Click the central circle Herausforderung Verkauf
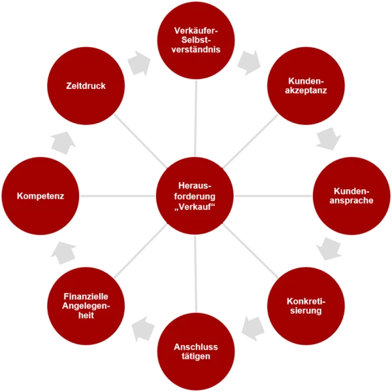pyautogui.click(x=196, y=196)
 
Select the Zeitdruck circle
pyautogui.click(x=86, y=86)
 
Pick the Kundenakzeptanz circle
pyautogui.click(x=306, y=86)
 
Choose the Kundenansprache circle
pyautogui.click(x=351, y=196)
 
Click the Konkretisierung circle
pyautogui.click(x=306, y=306)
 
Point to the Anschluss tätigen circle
pyautogui.click(x=196, y=351)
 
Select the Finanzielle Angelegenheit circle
pyautogui.click(x=86, y=306)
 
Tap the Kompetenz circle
pyautogui.click(x=41, y=196)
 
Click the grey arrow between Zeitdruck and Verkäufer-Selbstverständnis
pyautogui.click(x=139, y=62)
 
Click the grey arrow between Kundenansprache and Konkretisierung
pyautogui.click(x=329, y=249)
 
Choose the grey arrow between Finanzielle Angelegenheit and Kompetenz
pyautogui.click(x=63, y=253)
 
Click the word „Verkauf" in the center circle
pyautogui.click(x=196, y=207)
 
